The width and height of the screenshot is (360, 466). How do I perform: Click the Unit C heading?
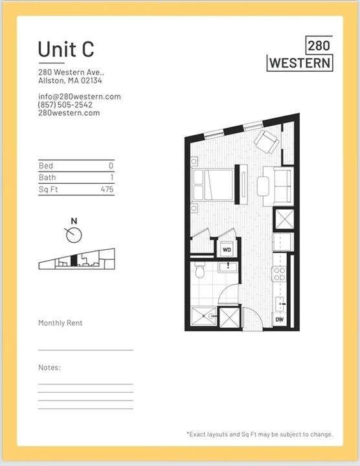click(66, 49)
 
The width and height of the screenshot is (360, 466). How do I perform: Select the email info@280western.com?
click(79, 96)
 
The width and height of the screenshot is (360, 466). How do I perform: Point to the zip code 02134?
click(91, 81)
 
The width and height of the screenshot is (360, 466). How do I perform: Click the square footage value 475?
click(107, 189)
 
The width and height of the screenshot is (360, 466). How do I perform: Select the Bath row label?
click(47, 177)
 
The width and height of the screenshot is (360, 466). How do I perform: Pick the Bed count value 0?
click(111, 166)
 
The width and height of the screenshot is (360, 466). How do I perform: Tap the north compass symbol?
click(74, 230)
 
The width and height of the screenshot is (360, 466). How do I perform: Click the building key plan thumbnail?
click(76, 258)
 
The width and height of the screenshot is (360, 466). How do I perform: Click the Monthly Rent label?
click(60, 323)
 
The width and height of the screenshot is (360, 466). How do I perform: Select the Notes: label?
click(49, 368)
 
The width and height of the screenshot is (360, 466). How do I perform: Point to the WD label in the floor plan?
click(227, 249)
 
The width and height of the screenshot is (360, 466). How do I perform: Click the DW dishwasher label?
click(280, 320)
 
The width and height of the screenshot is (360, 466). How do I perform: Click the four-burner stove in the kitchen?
click(279, 274)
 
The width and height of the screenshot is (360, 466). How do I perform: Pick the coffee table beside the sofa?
click(264, 186)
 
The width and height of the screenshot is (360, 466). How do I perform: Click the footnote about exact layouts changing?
click(259, 434)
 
